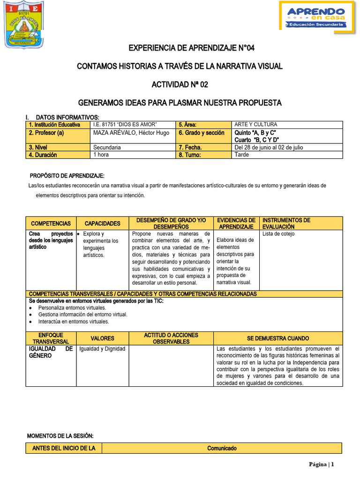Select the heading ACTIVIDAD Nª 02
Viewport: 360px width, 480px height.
point(180,84)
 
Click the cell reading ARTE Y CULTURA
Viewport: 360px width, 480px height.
point(256,125)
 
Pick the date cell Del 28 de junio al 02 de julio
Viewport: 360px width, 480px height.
point(269,147)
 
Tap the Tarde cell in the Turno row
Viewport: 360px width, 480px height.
point(241,155)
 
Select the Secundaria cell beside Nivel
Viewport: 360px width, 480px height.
point(107,147)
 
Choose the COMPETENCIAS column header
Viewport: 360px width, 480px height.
point(51,224)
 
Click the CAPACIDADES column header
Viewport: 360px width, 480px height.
point(103,224)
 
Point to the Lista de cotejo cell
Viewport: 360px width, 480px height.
point(278,234)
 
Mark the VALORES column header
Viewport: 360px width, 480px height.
point(102,338)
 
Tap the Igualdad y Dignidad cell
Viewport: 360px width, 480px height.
point(102,349)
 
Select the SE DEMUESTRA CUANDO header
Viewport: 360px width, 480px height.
point(278,338)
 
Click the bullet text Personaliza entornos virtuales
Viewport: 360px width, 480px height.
point(72,308)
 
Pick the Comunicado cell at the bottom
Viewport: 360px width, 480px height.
point(222,449)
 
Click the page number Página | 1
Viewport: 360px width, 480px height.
point(321,465)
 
